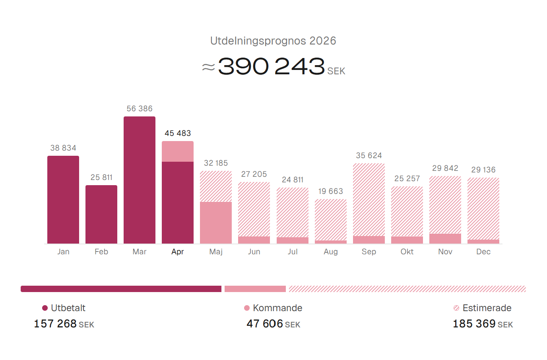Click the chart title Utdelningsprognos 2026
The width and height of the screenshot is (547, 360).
point(273,41)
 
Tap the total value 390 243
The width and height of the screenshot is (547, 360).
point(272,66)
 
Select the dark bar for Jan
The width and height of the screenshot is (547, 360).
point(63,199)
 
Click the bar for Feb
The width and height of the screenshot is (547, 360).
point(101,214)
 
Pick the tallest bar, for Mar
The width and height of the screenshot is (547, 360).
point(140,180)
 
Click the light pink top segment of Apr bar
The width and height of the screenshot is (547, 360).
point(178,151)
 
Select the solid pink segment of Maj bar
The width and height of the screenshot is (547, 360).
point(216,223)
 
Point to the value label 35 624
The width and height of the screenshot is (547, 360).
point(369,155)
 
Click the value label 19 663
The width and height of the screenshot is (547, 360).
point(331,191)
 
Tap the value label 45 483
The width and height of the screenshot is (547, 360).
point(178,133)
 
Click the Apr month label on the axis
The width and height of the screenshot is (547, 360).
point(178,252)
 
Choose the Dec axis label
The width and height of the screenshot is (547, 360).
point(483,252)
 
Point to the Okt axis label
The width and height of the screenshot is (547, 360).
point(407,252)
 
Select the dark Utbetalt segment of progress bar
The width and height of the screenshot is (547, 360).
point(121,289)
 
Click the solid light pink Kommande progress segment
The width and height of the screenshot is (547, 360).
point(255,289)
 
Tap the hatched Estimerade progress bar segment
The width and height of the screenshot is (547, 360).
point(407,289)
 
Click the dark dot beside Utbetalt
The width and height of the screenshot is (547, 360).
point(45,308)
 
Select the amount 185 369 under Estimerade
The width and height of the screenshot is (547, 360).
point(474,324)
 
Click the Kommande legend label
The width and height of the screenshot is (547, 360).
point(277,308)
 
